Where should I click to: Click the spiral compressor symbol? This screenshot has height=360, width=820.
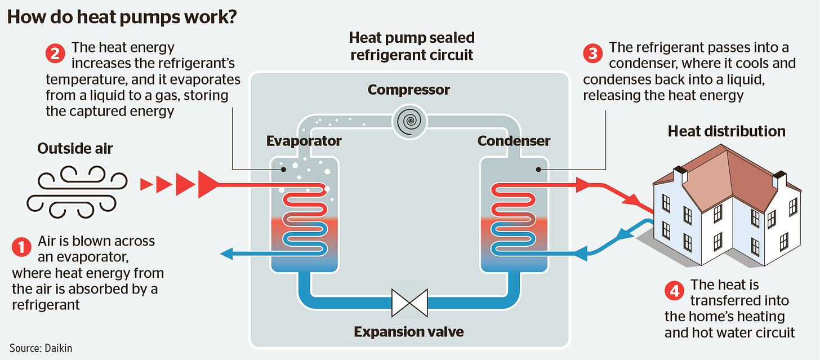pyautogui.click(x=409, y=121)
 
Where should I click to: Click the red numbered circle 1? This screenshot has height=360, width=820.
pyautogui.click(x=21, y=247)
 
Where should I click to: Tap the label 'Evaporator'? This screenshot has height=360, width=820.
pyautogui.click(x=304, y=140)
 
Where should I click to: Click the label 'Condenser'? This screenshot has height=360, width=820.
pyautogui.click(x=514, y=140)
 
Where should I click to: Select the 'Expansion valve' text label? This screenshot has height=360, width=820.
pyautogui.click(x=409, y=331)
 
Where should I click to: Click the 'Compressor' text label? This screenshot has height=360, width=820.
pyautogui.click(x=409, y=90)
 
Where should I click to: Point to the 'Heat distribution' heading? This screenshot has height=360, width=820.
pyautogui.click(x=727, y=131)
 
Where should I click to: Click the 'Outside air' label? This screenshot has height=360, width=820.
pyautogui.click(x=75, y=149)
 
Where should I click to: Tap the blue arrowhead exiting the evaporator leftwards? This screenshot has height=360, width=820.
pyautogui.click(x=226, y=254)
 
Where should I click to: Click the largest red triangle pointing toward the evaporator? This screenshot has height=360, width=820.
pyautogui.click(x=208, y=184)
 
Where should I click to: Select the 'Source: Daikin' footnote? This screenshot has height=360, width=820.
pyautogui.click(x=41, y=348)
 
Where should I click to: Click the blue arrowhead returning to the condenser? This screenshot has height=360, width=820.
pyautogui.click(x=585, y=254)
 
